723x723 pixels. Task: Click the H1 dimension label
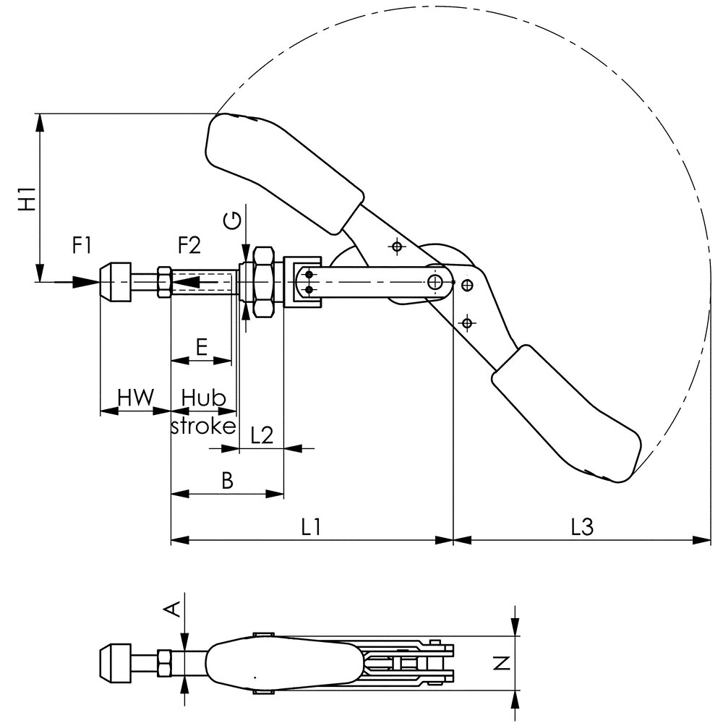(28, 199)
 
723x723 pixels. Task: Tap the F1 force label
(82, 245)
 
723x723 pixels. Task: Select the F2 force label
(189, 245)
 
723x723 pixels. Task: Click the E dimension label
(202, 347)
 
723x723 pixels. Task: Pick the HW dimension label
(135, 397)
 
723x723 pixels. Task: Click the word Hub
(203, 397)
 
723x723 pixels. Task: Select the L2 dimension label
(262, 435)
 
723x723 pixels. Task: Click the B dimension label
(227, 480)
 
